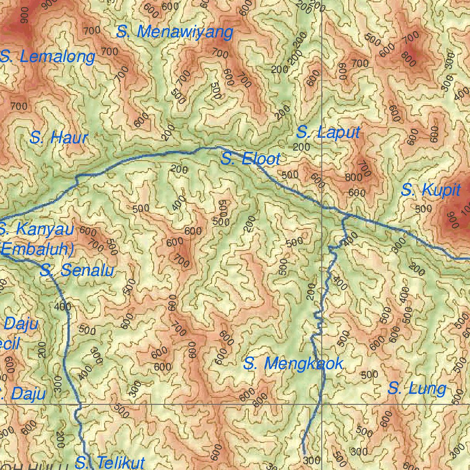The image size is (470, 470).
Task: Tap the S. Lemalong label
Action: [x=48, y=57]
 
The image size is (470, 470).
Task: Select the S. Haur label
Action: [x=58, y=138]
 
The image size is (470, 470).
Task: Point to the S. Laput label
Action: [x=328, y=133]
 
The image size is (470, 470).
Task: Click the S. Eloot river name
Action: [x=250, y=160]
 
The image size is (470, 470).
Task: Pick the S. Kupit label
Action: [x=430, y=190]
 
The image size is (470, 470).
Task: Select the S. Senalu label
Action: [x=77, y=271]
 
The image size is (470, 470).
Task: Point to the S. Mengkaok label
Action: [x=293, y=364]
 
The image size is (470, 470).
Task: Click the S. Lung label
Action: [x=417, y=389]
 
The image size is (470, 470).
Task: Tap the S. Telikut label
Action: [x=110, y=462]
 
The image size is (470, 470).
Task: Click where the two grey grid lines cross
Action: [x=322, y=404]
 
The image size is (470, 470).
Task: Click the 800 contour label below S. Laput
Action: [x=353, y=178]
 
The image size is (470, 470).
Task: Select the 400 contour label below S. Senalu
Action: [x=62, y=307]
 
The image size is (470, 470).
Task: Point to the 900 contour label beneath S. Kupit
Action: [x=453, y=221]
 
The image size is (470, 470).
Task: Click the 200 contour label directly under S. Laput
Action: [x=301, y=147]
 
